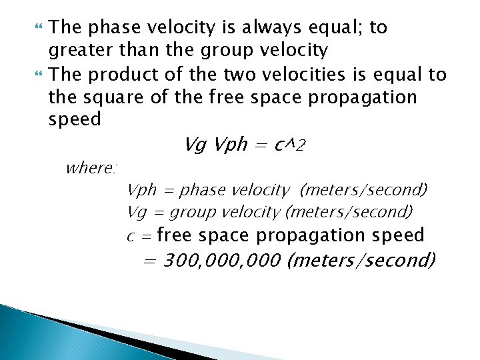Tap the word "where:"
pyautogui.click(x=91, y=167)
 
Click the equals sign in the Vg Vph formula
pyautogui.click(x=261, y=145)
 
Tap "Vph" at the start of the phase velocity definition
pyautogui.click(x=141, y=191)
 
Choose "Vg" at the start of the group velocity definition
pyautogui.click(x=137, y=212)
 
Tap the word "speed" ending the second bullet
pyautogui.click(x=75, y=120)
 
